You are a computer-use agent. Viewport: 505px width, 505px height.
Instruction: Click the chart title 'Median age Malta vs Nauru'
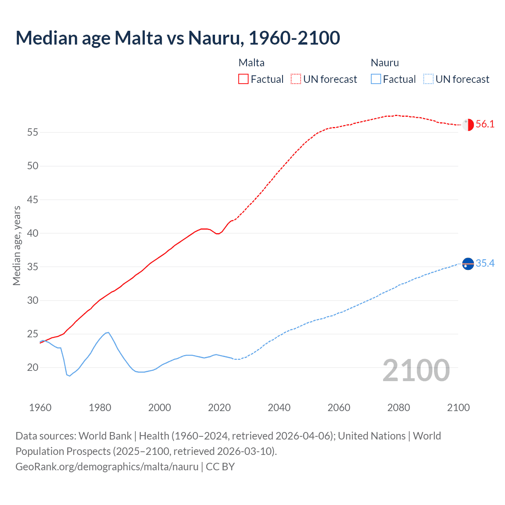178,38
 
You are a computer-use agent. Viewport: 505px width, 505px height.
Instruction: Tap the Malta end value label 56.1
485,124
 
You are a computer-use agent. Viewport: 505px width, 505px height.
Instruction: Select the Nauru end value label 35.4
485,264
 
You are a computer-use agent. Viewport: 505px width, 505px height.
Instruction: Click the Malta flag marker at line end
468,125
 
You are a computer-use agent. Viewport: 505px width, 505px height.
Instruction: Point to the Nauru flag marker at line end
468,264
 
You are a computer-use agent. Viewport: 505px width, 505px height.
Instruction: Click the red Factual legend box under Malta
243,79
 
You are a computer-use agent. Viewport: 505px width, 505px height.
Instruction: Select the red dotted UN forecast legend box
296,79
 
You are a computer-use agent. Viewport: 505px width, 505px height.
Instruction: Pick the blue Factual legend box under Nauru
376,79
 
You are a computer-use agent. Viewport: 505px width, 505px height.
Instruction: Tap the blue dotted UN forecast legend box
428,79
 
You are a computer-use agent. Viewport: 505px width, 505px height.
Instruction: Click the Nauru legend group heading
385,63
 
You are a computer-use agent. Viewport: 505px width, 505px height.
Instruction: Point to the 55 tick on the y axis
33,133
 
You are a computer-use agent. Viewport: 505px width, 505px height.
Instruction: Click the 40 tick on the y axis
33,233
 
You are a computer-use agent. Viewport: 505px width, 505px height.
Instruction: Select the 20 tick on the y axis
33,368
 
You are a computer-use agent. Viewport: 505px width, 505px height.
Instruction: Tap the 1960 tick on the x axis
40,408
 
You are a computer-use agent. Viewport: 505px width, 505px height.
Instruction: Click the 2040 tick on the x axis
279,408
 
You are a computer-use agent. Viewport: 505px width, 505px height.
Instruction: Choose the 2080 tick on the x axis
398,408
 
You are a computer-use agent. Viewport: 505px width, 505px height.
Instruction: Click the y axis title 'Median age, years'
17,245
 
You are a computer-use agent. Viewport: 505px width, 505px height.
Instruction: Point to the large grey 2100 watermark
416,370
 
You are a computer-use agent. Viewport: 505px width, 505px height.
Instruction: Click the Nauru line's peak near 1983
108,333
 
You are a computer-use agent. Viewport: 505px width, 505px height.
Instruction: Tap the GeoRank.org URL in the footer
107,467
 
